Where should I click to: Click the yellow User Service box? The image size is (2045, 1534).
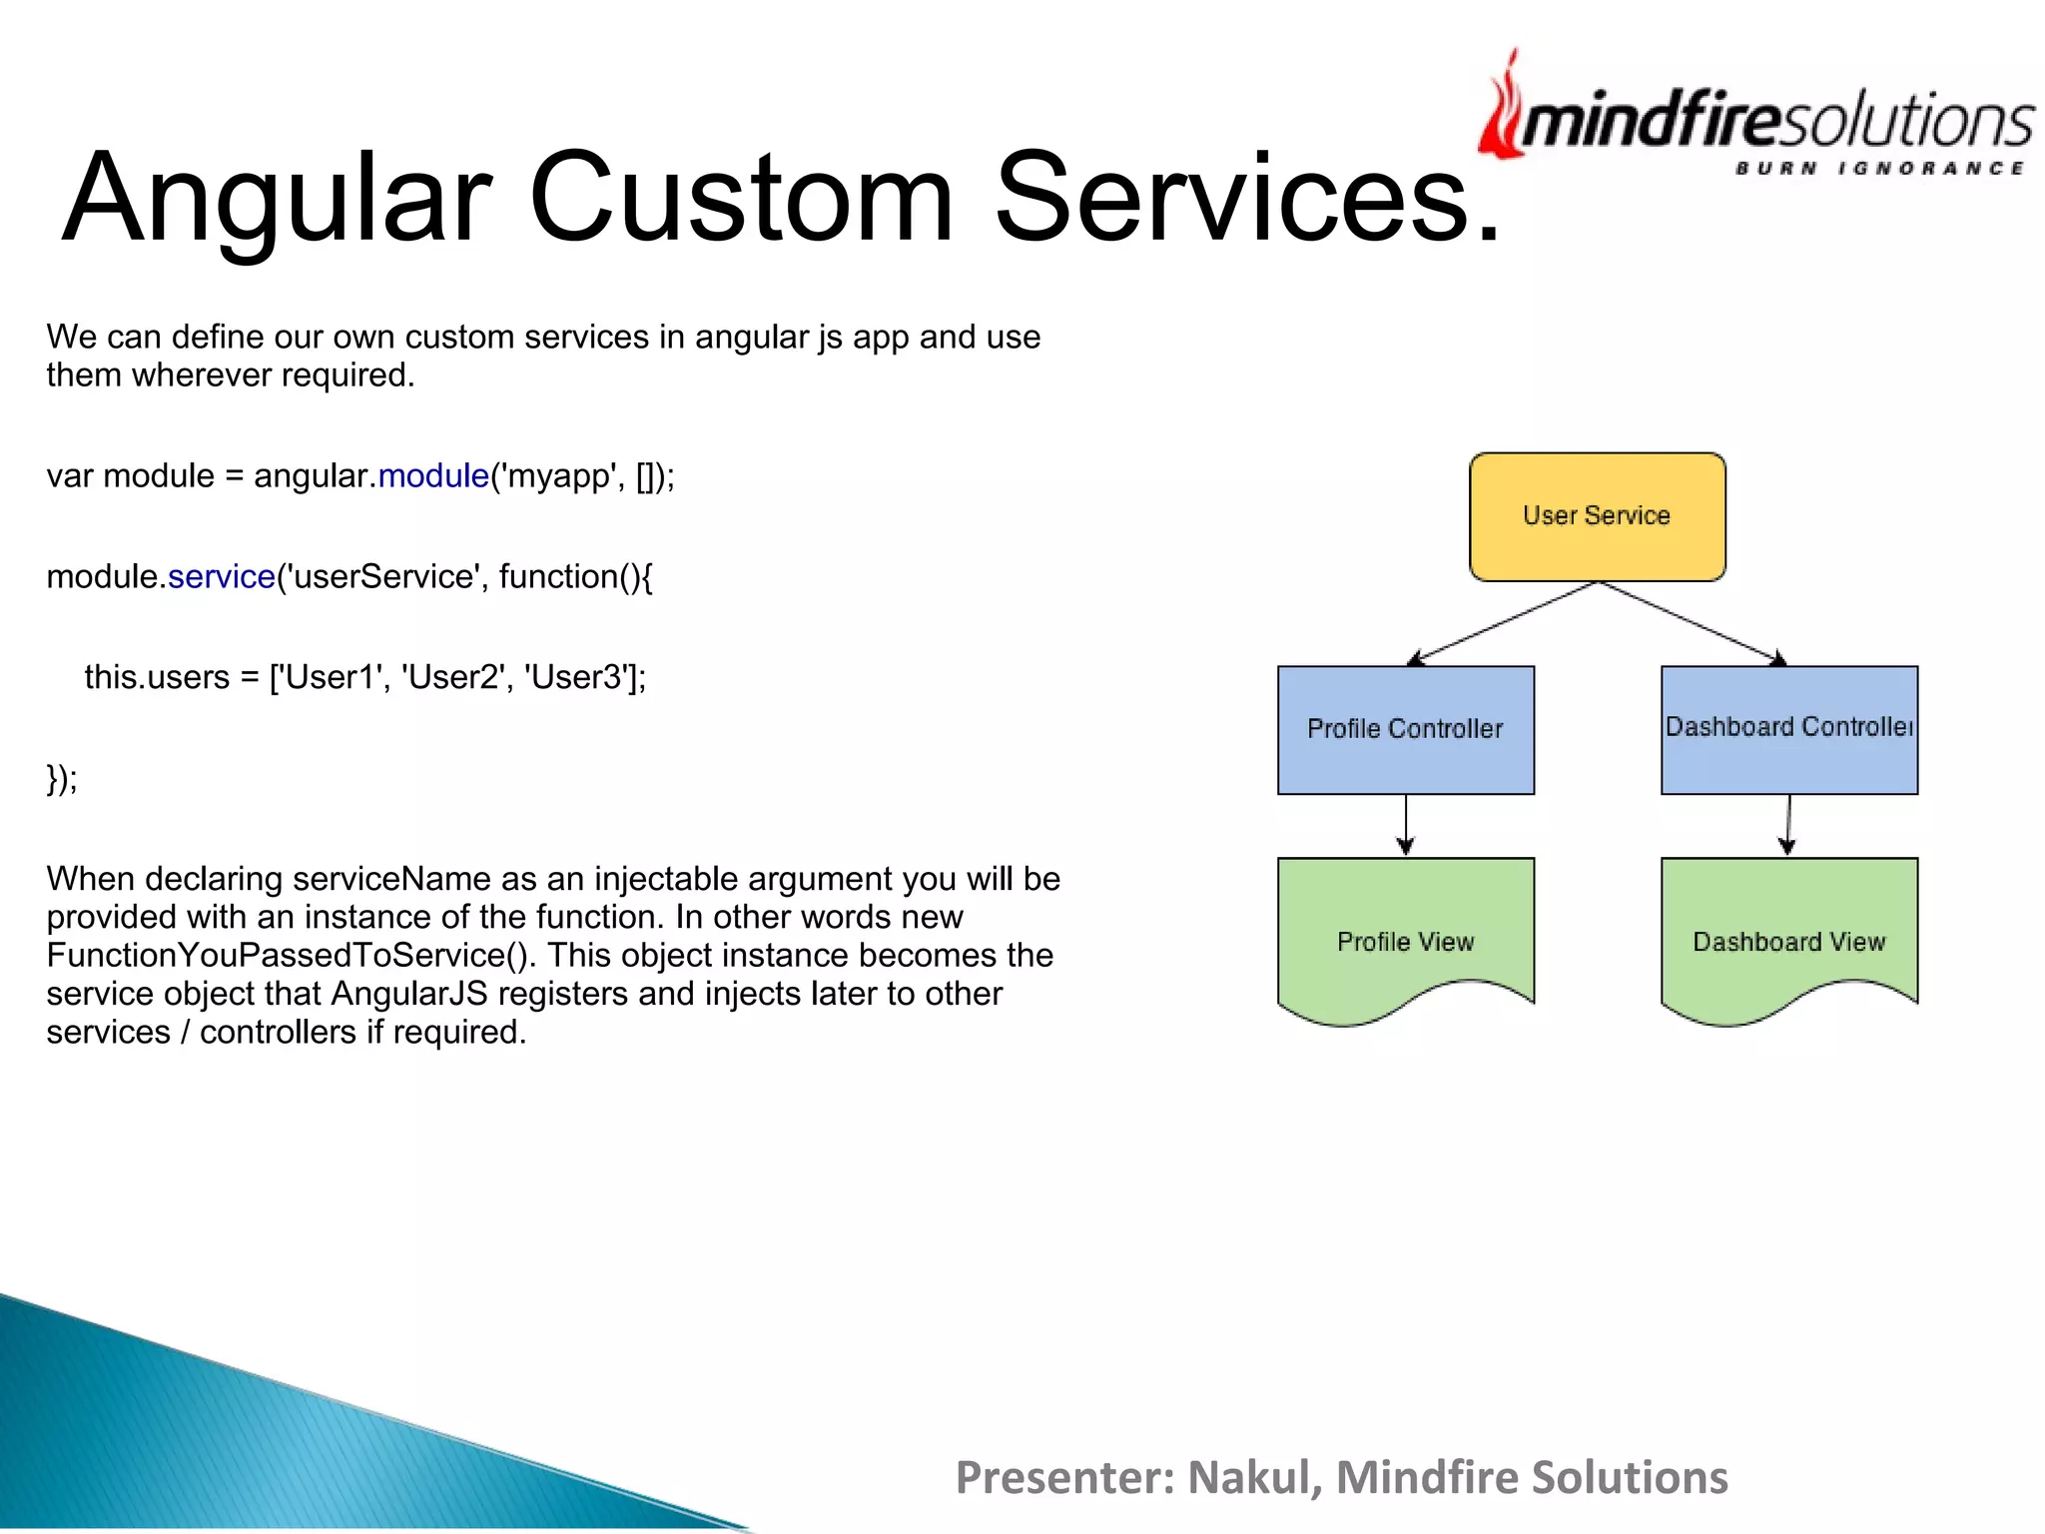pos(1597,516)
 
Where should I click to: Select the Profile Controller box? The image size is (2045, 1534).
pos(1405,729)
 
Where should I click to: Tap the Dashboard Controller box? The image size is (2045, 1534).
pos(1788,729)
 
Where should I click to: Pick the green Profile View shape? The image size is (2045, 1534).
pos(1405,939)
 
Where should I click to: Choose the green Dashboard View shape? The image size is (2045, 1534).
pos(1788,939)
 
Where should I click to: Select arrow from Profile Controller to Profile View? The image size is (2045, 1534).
pos(1406,825)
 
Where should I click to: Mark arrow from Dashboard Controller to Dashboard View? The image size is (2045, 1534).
pos(1788,825)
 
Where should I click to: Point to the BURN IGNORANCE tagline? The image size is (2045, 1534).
pos(1878,168)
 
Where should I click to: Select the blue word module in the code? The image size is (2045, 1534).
pos(433,475)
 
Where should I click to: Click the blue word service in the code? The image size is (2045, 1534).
pos(221,576)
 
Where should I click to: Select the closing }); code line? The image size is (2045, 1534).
pos(62,778)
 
